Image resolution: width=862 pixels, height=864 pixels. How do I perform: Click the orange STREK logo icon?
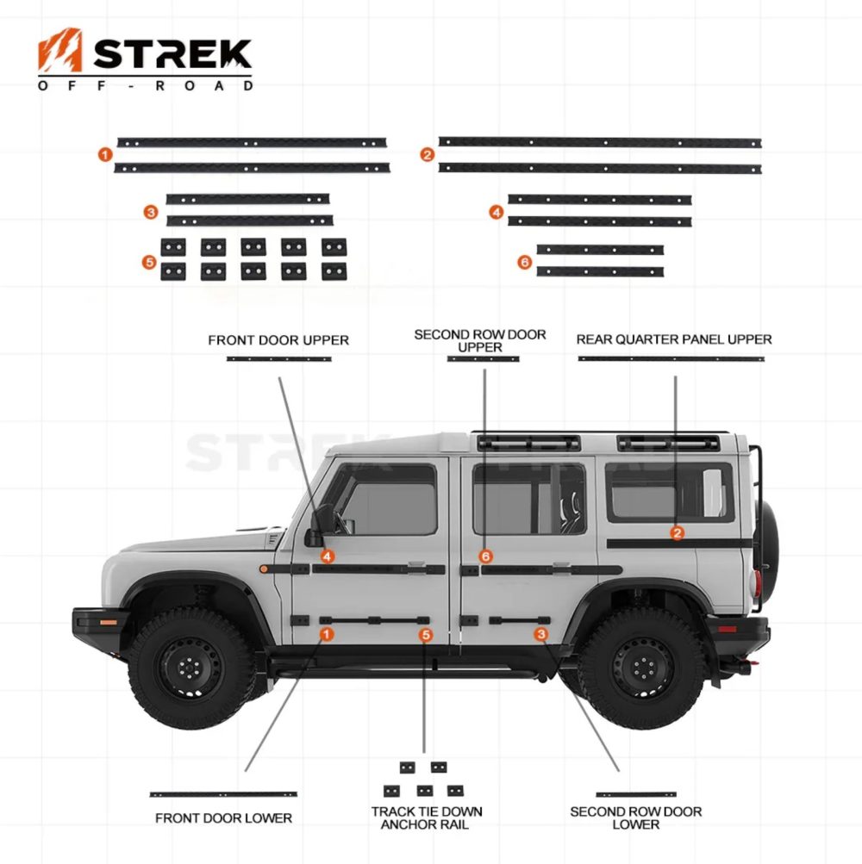[x=60, y=50]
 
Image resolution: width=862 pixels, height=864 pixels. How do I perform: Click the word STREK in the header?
[x=172, y=54]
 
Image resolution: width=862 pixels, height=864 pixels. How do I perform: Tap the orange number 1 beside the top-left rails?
[x=105, y=155]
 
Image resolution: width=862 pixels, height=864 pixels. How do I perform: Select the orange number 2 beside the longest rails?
[x=427, y=155]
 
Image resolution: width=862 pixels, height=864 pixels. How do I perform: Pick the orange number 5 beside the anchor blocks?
[x=149, y=262]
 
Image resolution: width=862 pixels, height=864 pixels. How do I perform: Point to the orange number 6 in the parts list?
[x=524, y=262]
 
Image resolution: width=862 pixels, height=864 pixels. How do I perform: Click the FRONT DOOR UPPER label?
[x=278, y=340]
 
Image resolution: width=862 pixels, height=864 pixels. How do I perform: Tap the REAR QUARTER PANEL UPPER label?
[x=674, y=339]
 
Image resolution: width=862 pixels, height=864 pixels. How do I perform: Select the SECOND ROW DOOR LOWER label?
[x=636, y=817]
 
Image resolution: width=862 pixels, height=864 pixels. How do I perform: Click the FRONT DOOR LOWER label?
[x=223, y=818]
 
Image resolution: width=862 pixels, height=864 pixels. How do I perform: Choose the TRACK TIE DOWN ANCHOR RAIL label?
[x=427, y=817]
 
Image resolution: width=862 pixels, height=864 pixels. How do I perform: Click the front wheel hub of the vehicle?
[x=190, y=668]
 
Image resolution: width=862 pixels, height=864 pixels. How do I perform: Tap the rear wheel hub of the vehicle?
[x=643, y=668]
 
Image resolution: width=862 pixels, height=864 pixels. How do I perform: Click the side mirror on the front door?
[x=321, y=525]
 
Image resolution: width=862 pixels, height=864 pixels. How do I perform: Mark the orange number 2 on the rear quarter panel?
[x=678, y=533]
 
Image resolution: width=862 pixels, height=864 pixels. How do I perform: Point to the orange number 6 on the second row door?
[x=485, y=556]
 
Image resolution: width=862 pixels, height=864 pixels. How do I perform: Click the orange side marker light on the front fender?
[x=264, y=569]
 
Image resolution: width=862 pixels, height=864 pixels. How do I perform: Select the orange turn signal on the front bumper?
[x=108, y=622]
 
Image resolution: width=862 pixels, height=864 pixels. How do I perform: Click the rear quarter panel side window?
[x=670, y=492]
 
